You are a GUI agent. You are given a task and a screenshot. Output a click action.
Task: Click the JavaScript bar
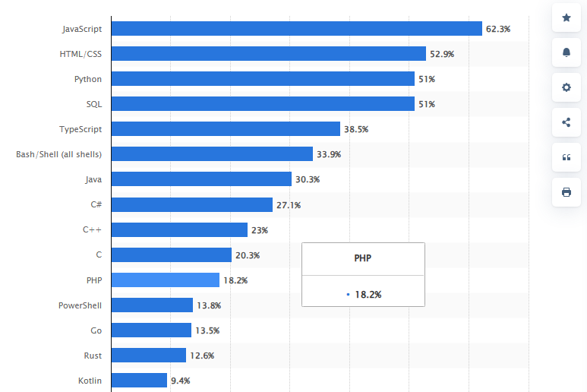coord(297,29)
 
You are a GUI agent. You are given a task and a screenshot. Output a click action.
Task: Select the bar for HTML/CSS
coord(269,54)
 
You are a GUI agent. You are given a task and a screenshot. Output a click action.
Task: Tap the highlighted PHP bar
coord(166,280)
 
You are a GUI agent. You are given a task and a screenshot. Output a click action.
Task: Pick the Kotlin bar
coord(139,381)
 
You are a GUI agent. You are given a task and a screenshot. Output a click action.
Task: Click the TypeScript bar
coord(226,129)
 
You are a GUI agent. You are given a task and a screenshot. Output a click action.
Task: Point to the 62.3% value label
coord(498,29)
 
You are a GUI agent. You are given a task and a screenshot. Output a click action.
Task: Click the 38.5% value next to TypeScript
coord(356,129)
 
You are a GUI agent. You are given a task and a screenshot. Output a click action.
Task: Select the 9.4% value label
coord(181,381)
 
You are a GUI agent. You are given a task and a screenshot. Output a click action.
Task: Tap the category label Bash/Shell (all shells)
coord(58,154)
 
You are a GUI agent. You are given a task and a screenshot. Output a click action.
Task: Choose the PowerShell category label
coord(80,305)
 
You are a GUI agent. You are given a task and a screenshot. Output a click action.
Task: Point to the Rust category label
coord(93,356)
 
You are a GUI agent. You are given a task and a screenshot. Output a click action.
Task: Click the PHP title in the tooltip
coord(363,258)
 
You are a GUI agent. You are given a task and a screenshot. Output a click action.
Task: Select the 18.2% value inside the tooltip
coord(368,293)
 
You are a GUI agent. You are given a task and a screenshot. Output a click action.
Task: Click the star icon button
coord(566,17)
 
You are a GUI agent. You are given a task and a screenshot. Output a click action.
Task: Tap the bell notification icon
coord(566,52)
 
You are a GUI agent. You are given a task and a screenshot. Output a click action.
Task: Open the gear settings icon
coord(566,87)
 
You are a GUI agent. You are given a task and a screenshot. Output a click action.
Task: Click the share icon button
coord(566,122)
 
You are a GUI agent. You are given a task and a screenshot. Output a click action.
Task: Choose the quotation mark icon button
coord(566,157)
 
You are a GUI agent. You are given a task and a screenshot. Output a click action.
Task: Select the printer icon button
coord(566,192)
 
